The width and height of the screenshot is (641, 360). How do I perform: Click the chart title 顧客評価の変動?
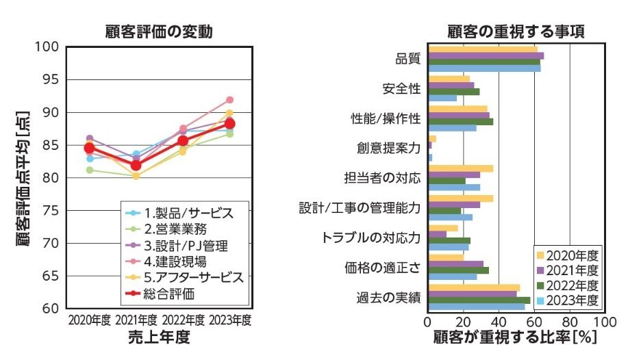[x=158, y=31]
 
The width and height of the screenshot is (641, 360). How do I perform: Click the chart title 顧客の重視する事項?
[x=515, y=31]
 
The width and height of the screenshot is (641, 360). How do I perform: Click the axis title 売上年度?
[x=159, y=337]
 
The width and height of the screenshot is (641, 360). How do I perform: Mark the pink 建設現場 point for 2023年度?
[x=229, y=100]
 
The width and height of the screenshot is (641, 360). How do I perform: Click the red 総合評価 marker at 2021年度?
[x=136, y=166]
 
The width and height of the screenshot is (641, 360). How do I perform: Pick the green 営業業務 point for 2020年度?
[x=90, y=170]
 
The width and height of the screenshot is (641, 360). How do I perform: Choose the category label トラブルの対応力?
[x=370, y=238]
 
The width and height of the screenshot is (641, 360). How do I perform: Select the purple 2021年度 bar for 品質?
[x=486, y=55]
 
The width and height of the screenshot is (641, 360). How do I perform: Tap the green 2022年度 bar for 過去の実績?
[x=479, y=300]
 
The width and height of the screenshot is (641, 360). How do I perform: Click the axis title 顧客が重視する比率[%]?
[x=515, y=337]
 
